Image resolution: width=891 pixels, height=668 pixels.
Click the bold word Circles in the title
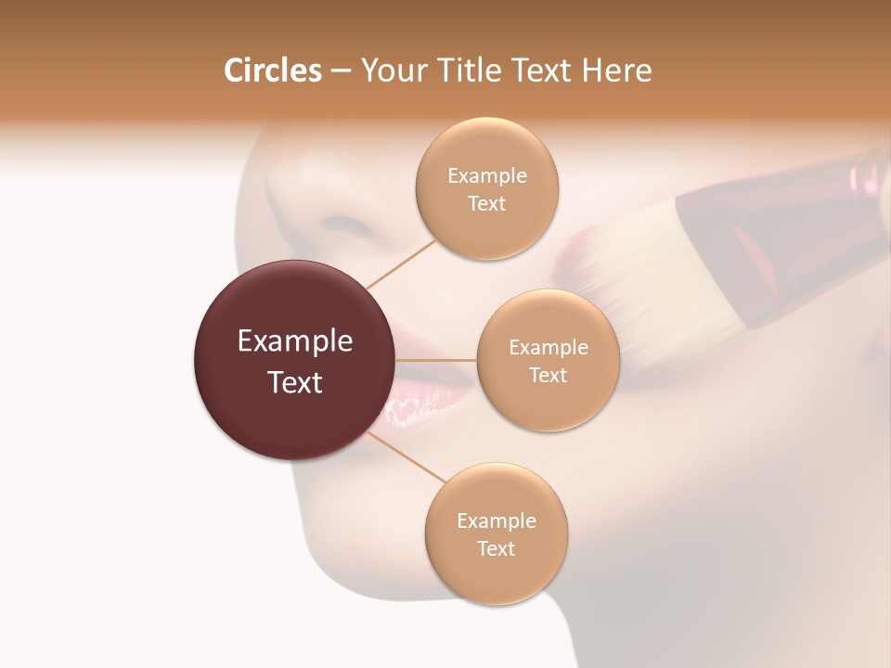(272, 71)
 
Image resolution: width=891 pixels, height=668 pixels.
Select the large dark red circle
(295, 360)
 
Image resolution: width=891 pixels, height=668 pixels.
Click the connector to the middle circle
(436, 360)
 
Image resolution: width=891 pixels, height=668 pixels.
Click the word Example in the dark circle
(295, 341)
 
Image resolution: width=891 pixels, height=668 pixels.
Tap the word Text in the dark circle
(295, 382)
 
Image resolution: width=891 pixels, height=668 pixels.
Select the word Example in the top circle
(486, 176)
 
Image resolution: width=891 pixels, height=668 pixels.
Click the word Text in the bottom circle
(496, 549)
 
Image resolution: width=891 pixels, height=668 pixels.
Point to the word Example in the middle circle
(548, 348)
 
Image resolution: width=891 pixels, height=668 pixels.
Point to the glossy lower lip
(418, 408)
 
